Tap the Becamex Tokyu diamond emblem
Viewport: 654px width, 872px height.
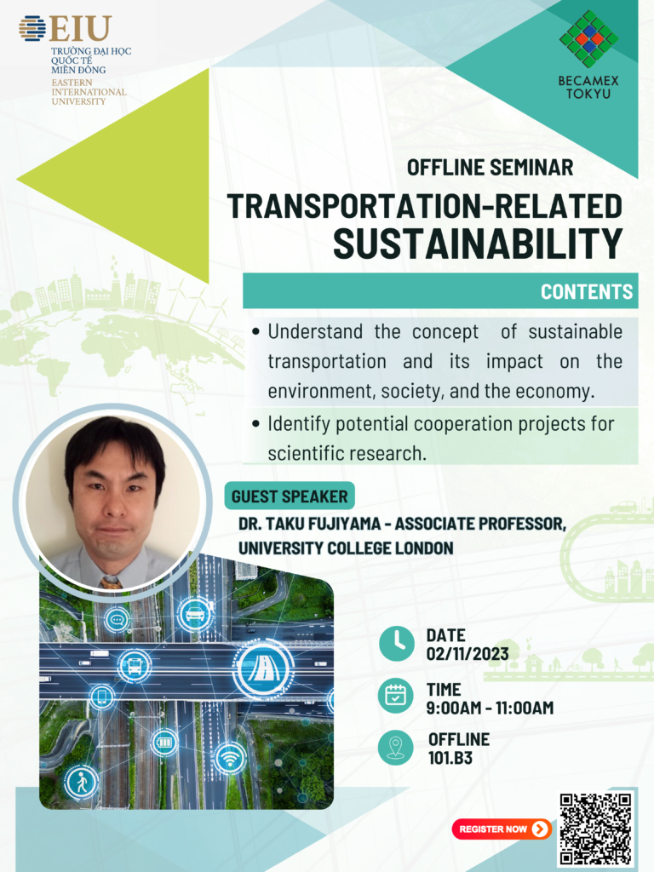click(x=589, y=39)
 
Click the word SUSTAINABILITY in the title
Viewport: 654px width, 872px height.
click(x=477, y=243)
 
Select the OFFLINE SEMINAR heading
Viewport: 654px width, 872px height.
click(x=490, y=168)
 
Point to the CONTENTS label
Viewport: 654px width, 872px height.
click(x=587, y=291)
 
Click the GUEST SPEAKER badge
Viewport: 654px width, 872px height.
click(x=290, y=496)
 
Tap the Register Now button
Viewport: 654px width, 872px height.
click(x=502, y=829)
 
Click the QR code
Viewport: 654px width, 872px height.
click(x=595, y=829)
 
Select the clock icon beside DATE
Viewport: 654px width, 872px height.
click(x=397, y=644)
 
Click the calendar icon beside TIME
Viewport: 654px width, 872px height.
click(x=395, y=695)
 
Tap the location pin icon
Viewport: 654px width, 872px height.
click(x=395, y=748)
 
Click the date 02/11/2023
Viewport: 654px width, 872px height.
click(x=468, y=654)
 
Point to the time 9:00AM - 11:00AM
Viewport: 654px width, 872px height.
click(x=490, y=708)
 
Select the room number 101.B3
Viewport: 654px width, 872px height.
click(x=450, y=757)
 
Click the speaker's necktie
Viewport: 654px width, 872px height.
click(x=111, y=582)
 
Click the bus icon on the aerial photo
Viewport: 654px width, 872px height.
click(x=134, y=665)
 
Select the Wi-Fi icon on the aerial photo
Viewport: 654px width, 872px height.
click(x=230, y=757)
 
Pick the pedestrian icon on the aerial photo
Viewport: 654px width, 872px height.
click(x=82, y=783)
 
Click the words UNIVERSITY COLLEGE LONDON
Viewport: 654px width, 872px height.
click(x=346, y=548)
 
